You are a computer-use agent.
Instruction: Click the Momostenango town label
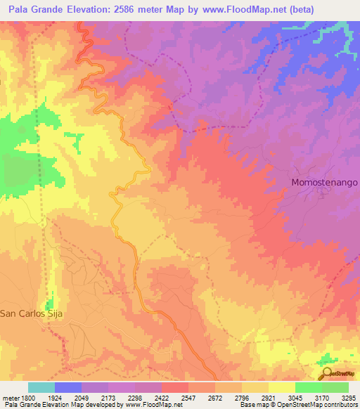pos(325,182)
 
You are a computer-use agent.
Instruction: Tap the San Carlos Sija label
pos(32,314)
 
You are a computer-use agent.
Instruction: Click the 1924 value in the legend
pos(54,398)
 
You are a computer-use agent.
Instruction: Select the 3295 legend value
pos(348,398)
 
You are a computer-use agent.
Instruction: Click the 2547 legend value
pos(188,398)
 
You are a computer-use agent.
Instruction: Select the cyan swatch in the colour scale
pos(41,387)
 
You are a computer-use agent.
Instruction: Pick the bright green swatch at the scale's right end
pos(335,387)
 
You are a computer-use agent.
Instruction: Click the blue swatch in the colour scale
pos(68,387)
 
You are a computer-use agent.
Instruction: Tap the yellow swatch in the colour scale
pos(281,387)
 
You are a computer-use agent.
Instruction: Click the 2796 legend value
pos(241,398)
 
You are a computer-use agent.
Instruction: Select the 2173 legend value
pos(108,398)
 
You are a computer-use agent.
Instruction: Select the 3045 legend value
pos(295,398)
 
